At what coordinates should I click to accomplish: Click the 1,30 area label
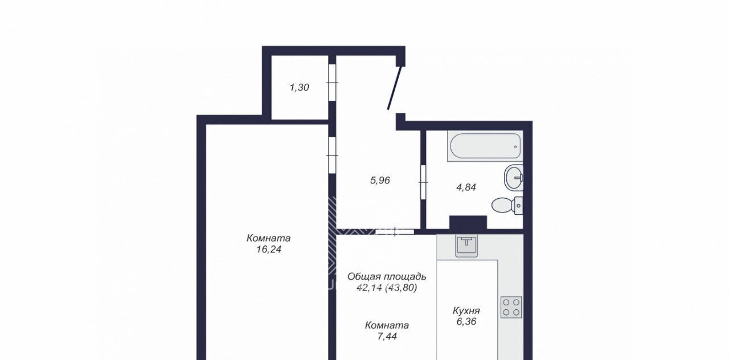(x=299, y=88)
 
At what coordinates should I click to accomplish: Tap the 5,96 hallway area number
(x=380, y=181)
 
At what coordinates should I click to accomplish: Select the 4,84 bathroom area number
(x=466, y=187)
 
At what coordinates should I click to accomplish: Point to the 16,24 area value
(x=268, y=249)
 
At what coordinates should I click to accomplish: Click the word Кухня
(x=466, y=311)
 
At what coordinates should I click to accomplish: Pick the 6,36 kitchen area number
(x=466, y=322)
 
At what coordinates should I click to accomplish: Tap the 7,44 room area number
(x=387, y=336)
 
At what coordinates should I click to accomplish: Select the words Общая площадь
(x=387, y=277)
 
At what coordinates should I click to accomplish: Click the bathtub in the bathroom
(x=485, y=146)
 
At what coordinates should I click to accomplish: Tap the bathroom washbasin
(x=514, y=177)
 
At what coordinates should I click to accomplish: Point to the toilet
(x=507, y=206)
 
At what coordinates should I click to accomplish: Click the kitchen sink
(x=466, y=246)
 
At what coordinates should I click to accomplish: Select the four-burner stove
(x=511, y=307)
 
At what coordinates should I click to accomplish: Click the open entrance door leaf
(x=395, y=88)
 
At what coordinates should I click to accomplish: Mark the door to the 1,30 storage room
(x=332, y=83)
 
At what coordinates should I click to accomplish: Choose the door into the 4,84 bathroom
(x=423, y=182)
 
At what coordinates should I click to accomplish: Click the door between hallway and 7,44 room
(x=395, y=232)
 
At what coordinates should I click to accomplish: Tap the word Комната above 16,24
(x=268, y=238)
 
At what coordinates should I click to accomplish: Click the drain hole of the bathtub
(x=515, y=146)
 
